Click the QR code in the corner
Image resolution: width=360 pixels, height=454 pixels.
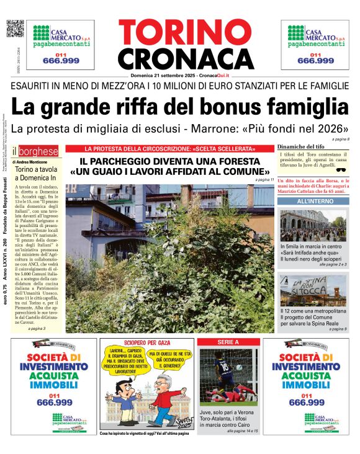tap(14, 29)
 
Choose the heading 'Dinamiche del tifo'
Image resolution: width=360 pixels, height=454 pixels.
tap(301, 146)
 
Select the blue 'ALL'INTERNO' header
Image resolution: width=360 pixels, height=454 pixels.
tap(313, 202)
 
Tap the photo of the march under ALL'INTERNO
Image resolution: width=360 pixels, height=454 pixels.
tap(313, 225)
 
